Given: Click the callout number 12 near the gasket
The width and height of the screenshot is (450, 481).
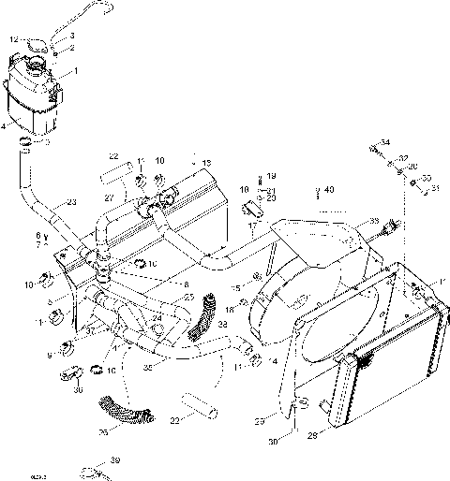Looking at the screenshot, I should [x=14, y=39].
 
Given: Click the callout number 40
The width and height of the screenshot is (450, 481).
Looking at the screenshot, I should [x=328, y=189].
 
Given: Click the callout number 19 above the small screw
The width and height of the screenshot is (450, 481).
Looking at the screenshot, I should [x=271, y=175].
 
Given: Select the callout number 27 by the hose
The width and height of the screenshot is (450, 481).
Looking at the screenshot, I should [x=110, y=198].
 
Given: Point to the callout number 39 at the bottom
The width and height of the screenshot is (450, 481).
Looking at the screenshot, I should [x=114, y=460].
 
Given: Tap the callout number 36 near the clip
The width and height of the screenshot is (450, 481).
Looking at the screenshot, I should [x=78, y=390].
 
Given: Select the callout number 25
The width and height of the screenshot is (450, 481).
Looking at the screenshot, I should [x=188, y=298].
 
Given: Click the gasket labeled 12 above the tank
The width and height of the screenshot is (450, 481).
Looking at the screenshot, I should [x=35, y=41].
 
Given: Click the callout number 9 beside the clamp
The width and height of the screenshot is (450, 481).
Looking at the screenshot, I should [x=49, y=355].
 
